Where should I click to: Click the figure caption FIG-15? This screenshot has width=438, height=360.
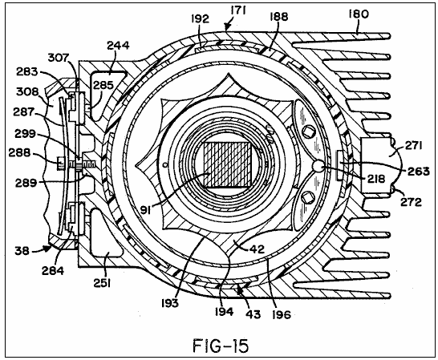(x=221, y=346)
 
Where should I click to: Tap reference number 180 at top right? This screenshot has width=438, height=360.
(x=359, y=14)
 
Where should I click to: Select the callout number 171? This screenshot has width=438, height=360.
(x=238, y=11)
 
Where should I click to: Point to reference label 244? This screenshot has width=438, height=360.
(x=119, y=45)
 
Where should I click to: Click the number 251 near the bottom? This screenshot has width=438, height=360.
(x=102, y=283)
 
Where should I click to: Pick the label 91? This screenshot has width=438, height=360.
(x=145, y=209)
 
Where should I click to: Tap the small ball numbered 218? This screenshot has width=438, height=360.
(x=318, y=167)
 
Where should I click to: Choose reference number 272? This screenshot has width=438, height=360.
(x=411, y=201)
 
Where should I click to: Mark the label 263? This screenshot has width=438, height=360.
(x=419, y=172)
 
